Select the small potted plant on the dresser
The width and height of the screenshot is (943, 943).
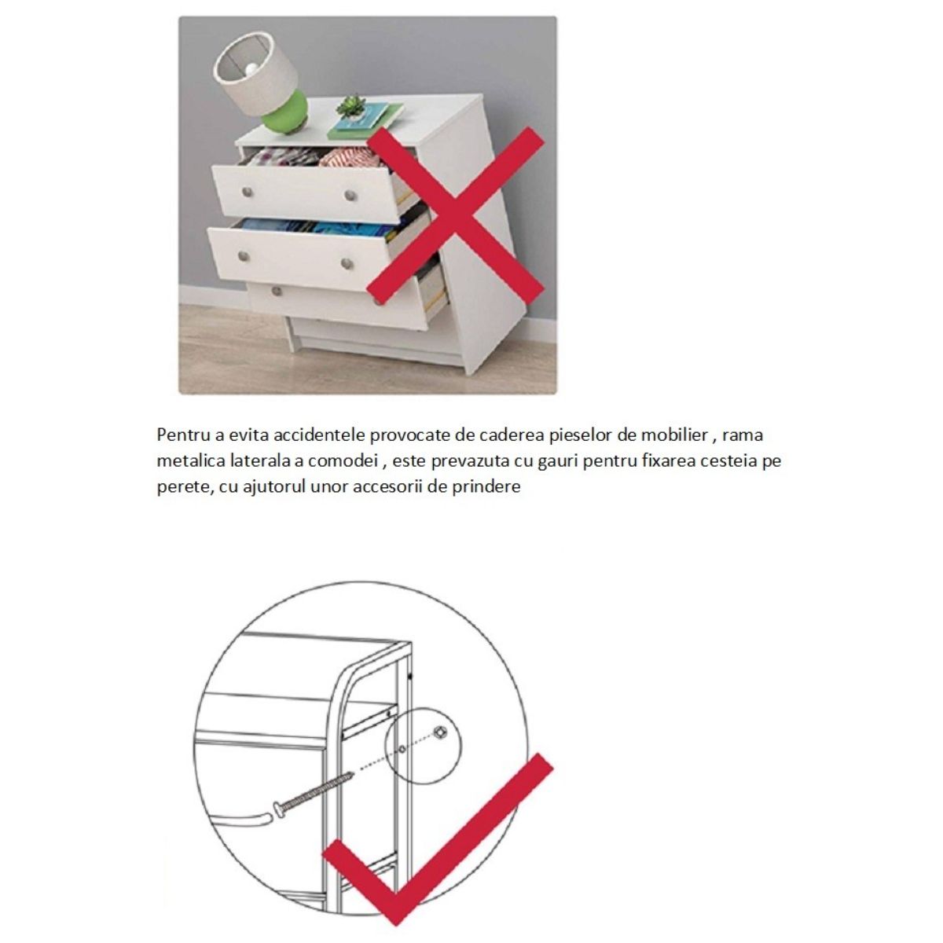tap(350, 107)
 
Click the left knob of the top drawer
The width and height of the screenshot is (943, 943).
tap(248, 191)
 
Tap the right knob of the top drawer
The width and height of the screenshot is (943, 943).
tap(350, 196)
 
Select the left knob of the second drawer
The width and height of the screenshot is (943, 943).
tap(243, 256)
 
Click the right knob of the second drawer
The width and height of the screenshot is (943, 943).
tap(347, 263)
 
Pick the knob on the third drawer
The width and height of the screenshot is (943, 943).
tap(276, 292)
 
